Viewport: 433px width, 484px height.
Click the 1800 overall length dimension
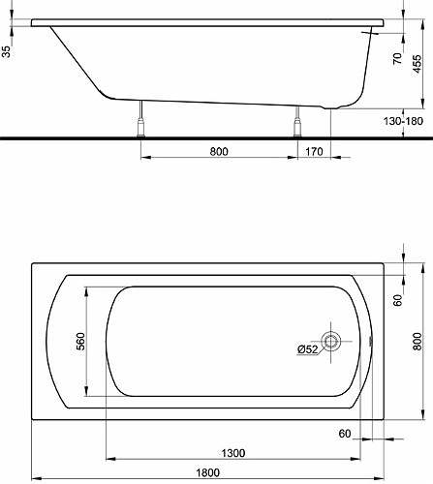pyautogui.click(x=208, y=472)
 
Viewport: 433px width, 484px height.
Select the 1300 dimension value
pyautogui.click(x=233, y=453)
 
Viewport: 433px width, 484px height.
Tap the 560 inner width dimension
pyautogui.click(x=80, y=341)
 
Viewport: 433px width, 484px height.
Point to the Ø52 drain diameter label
pyautogui.click(x=308, y=349)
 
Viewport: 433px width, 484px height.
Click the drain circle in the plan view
pyautogui.click(x=331, y=341)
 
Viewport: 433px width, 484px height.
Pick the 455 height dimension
pyautogui.click(x=417, y=64)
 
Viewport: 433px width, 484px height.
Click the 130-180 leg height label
pyautogui.click(x=403, y=121)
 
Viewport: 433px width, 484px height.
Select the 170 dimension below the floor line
pyautogui.click(x=314, y=151)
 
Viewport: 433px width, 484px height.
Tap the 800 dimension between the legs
pyautogui.click(x=219, y=151)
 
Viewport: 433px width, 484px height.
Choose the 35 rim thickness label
pyautogui.click(x=6, y=51)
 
